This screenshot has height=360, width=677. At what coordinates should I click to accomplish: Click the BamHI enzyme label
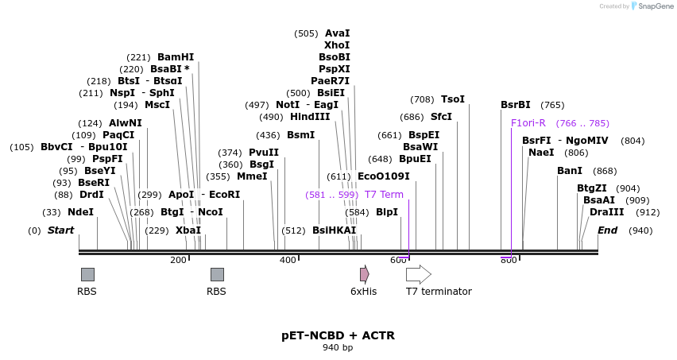(x=176, y=57)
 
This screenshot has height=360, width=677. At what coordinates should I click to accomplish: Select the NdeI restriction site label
(x=80, y=212)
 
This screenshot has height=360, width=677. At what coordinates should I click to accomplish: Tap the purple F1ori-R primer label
(x=528, y=123)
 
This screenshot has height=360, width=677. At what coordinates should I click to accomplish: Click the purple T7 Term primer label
(x=384, y=195)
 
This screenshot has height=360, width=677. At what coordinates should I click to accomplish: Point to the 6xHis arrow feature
(x=364, y=274)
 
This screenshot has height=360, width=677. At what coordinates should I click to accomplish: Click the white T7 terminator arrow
(x=418, y=274)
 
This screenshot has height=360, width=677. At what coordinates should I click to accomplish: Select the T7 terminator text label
(x=439, y=292)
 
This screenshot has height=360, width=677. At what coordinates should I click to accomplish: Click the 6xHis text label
(x=363, y=292)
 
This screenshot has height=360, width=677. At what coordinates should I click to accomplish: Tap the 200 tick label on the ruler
(x=178, y=260)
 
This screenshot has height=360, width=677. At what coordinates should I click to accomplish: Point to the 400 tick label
(x=288, y=260)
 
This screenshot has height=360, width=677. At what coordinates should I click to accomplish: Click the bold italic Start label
(x=60, y=230)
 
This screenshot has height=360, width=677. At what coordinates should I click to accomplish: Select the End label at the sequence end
(x=608, y=230)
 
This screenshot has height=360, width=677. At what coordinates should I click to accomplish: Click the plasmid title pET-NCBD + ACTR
(x=338, y=335)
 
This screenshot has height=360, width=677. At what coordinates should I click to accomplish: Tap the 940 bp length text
(x=338, y=348)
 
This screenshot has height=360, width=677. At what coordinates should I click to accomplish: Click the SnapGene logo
(x=652, y=6)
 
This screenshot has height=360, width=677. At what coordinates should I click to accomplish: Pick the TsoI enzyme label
(x=453, y=99)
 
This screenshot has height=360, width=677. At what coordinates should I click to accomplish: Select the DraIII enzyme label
(x=607, y=212)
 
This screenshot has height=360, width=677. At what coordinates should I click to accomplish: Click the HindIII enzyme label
(x=310, y=117)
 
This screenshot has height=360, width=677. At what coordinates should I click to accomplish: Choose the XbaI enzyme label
(x=188, y=230)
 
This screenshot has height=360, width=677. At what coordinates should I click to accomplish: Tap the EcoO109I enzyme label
(x=384, y=176)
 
